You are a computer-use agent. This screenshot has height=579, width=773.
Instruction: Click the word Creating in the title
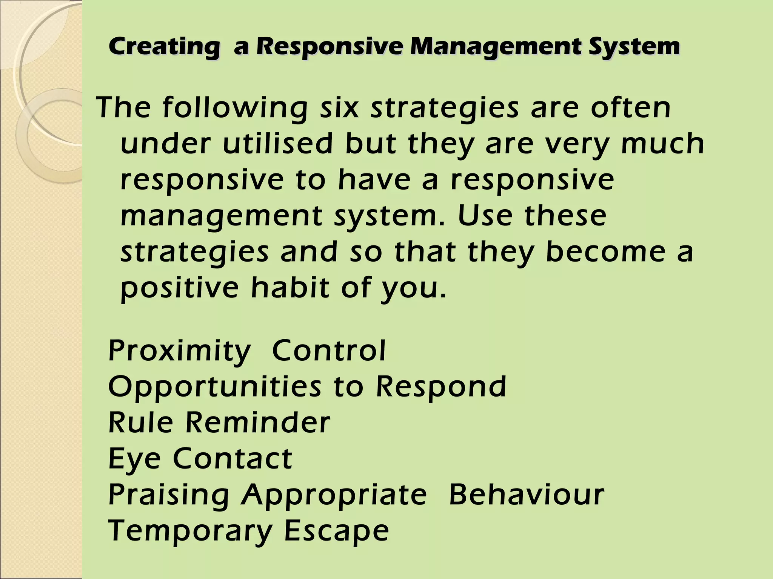pyautogui.click(x=163, y=47)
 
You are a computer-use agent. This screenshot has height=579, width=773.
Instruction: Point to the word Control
pyautogui.click(x=329, y=351)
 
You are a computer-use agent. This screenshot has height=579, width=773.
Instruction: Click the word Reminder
pyautogui.click(x=257, y=423)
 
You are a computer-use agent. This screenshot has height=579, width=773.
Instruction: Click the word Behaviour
pyautogui.click(x=527, y=495)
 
